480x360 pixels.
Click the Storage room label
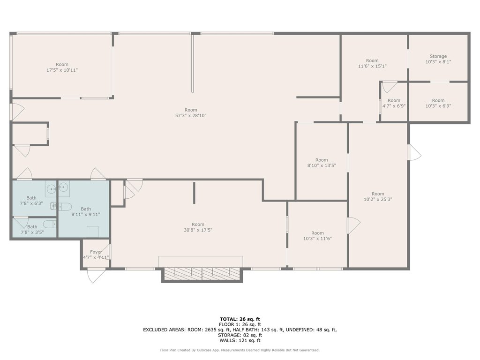pos(438,56)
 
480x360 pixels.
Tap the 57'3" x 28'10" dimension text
pos(191,116)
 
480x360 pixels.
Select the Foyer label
pos(96,252)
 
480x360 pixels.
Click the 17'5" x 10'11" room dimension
pos(62,70)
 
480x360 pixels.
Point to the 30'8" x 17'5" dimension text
pos(198,230)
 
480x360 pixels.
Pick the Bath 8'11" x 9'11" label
pos(86,212)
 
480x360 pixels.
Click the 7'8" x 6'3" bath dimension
pos(31,203)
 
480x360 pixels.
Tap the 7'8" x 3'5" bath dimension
pos(32,232)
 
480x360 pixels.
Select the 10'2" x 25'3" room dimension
pos(378,199)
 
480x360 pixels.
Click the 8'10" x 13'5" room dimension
pos(322,165)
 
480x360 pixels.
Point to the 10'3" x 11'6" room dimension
pos(317,239)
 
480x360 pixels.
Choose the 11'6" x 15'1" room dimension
pos(372,66)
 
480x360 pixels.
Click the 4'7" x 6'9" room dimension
pos(394,106)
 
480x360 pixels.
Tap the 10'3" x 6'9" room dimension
pos(438,106)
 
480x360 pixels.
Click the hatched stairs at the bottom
pos(202,274)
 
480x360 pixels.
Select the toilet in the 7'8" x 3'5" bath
pos(50,225)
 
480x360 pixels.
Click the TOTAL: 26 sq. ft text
pos(240,319)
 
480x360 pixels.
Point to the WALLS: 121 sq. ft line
pos(240,340)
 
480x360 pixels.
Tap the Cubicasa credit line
pos(240,350)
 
